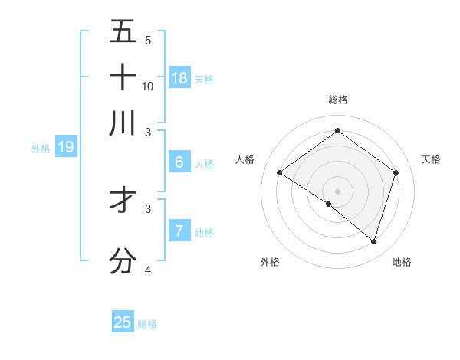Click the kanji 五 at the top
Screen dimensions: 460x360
point(123,31)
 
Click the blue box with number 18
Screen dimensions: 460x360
point(179,77)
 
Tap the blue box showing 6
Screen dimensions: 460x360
point(179,162)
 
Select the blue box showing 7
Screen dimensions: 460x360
point(179,231)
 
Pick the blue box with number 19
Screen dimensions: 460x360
point(66,146)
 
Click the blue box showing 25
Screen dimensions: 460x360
point(123,322)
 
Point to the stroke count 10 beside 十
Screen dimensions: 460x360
point(148,86)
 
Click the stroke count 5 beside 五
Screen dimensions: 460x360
point(148,40)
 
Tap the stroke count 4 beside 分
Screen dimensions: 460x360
point(148,270)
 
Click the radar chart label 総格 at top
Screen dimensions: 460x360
point(337,100)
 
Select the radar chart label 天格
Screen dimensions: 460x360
point(432,159)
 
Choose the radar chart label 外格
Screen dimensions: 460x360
point(270,262)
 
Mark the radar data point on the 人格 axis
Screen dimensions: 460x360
point(280,173)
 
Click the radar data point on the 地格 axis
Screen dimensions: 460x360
point(373,241)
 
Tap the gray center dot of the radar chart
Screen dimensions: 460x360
point(337,191)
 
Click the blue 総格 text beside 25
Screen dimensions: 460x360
point(148,324)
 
